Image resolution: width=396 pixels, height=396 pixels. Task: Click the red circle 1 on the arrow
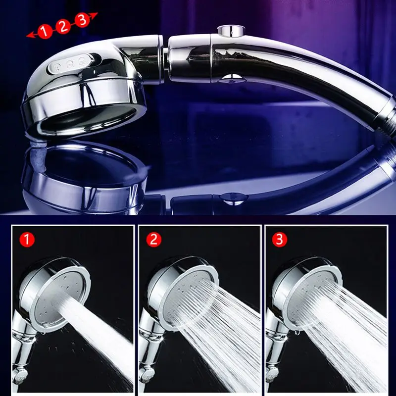(45, 31)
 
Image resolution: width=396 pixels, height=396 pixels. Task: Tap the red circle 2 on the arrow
(63, 26)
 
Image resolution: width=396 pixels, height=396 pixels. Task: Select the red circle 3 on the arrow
(82, 20)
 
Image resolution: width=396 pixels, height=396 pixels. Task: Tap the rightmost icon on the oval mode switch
(83, 61)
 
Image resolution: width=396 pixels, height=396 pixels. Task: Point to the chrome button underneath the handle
(232, 78)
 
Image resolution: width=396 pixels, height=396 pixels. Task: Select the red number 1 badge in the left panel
(27, 240)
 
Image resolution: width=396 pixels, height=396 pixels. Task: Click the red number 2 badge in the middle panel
(154, 240)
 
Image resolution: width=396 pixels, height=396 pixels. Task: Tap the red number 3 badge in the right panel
(280, 240)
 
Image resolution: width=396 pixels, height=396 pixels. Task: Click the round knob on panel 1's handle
(19, 376)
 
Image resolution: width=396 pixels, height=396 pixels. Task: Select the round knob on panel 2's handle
(146, 376)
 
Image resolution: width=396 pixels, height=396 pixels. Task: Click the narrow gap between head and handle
(165, 60)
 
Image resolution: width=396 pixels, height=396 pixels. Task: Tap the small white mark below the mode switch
(95, 72)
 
